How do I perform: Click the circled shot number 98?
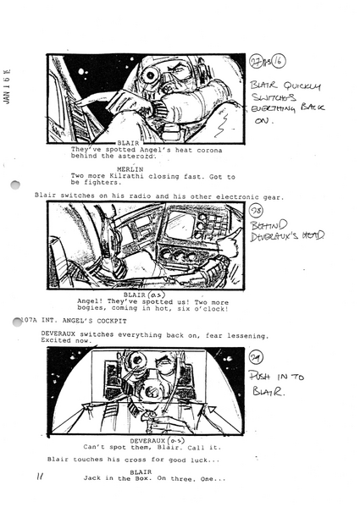point(258,210)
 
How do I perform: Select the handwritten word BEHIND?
point(269,225)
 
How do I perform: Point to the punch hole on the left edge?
point(14,186)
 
